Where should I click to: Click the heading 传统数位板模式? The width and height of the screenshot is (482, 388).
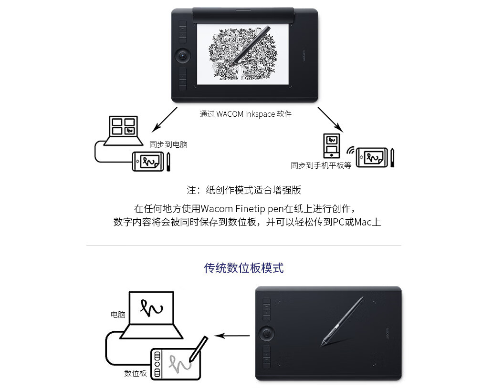[x=244, y=268]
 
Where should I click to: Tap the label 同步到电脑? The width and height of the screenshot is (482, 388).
[x=168, y=144]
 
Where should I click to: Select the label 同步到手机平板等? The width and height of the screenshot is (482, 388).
[x=321, y=165]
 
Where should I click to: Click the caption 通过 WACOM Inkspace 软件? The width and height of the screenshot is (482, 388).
[x=245, y=114]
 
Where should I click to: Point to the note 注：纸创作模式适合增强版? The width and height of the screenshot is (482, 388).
[x=244, y=190]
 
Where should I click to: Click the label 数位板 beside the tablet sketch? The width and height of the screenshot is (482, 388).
[x=135, y=373]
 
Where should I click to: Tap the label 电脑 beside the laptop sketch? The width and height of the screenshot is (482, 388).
[x=118, y=315]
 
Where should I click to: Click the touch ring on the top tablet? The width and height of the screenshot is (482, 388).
[x=183, y=56]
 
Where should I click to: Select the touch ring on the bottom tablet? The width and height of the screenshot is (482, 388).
[x=266, y=333]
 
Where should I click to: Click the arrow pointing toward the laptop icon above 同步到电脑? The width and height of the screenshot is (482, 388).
[x=165, y=120]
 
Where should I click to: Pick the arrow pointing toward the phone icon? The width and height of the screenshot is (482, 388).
[x=330, y=120]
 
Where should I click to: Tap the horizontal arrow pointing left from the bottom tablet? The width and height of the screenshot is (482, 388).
[x=232, y=336]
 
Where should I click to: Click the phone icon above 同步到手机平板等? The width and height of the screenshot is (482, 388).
[x=331, y=146]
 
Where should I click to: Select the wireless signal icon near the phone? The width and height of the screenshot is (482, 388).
[x=350, y=151]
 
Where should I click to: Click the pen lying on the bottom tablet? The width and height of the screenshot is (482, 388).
[x=342, y=322]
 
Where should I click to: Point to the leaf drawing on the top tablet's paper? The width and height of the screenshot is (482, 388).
[x=243, y=54]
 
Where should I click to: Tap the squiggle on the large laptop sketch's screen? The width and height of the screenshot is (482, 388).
[x=151, y=308]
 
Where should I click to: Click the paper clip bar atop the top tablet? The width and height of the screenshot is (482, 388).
[x=243, y=16]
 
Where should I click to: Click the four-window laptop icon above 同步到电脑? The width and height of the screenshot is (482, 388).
[x=124, y=131]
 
